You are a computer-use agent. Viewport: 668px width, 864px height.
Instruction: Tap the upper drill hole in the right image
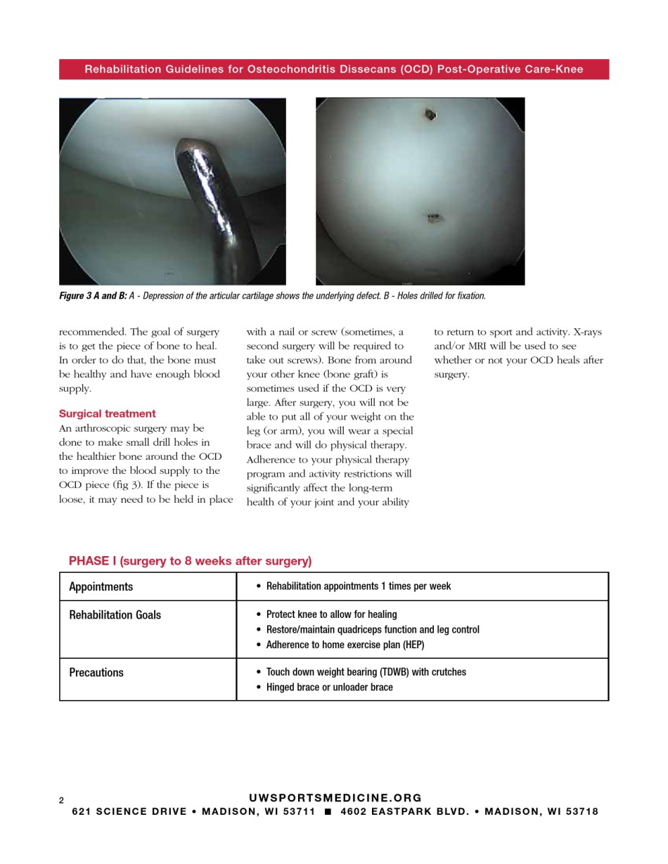click(x=430, y=114)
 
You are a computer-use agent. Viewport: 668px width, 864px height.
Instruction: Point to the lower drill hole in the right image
click(x=433, y=217)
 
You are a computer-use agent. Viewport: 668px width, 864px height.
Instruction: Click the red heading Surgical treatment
click(x=108, y=413)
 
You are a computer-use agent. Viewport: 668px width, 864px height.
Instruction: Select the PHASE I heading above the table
click(x=190, y=561)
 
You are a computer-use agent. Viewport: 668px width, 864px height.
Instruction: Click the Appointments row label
click(x=101, y=587)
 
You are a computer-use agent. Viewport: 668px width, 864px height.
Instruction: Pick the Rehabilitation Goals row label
click(x=115, y=615)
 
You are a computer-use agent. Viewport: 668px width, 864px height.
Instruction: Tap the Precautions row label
click(x=96, y=673)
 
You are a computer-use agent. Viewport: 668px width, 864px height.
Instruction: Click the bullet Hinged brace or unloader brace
click(x=329, y=688)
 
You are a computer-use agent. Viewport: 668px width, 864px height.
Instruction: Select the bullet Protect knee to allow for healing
click(x=331, y=614)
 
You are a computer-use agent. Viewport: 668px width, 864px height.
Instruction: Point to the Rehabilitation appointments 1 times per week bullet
click(x=359, y=586)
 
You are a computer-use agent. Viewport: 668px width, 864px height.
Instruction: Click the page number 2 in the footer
click(x=61, y=801)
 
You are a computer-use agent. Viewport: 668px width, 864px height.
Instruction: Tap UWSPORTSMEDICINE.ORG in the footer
click(x=335, y=798)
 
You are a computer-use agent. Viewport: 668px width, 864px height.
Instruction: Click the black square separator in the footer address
click(x=328, y=812)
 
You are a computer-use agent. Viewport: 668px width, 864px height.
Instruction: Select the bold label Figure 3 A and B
click(x=93, y=296)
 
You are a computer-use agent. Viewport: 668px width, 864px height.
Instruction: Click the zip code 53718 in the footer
click(x=582, y=812)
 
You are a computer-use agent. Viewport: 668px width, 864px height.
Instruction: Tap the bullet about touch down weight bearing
click(x=366, y=672)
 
